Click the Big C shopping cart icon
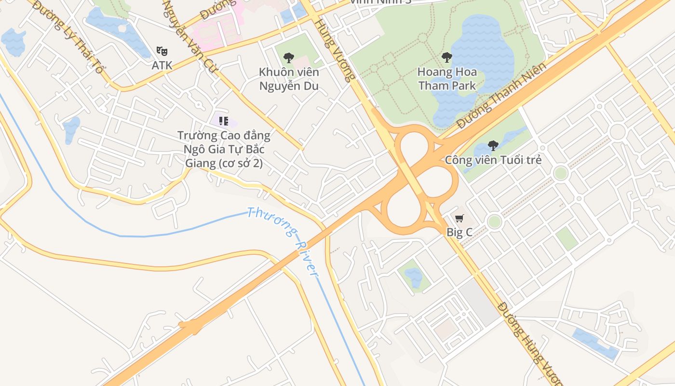459,219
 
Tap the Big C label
459,233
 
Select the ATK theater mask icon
162,51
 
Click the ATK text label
162,65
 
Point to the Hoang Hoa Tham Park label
447,79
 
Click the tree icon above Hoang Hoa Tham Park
447,57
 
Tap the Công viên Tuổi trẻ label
493,160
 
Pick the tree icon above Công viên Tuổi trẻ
493,145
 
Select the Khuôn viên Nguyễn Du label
289,79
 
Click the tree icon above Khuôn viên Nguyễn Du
289,58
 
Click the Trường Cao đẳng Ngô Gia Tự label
224,149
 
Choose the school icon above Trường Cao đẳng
223,121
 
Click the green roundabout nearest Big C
494,221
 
